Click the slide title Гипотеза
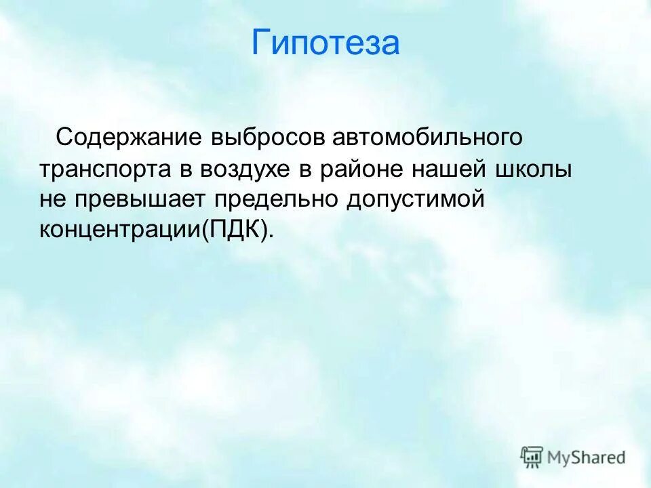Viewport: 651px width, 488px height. tap(325, 43)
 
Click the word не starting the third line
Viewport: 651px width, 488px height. tap(50, 200)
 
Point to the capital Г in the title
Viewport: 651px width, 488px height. tap(261, 43)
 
